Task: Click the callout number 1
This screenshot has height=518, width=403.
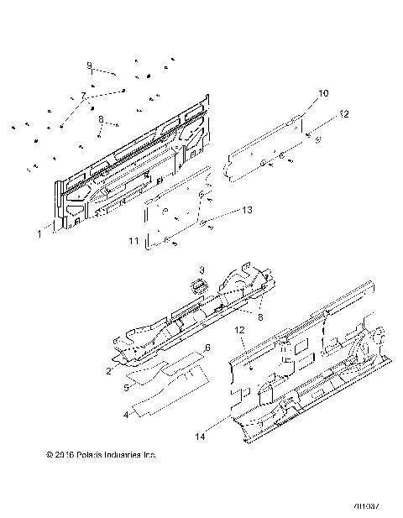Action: (x=39, y=236)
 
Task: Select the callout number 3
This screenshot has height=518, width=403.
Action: (x=201, y=270)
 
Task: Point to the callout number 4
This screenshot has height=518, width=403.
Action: (x=127, y=414)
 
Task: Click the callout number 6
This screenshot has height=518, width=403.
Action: (x=184, y=347)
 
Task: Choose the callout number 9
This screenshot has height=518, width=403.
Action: (x=88, y=65)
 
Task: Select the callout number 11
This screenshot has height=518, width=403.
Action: (x=133, y=241)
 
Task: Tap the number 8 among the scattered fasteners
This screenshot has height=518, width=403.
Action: (x=101, y=119)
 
